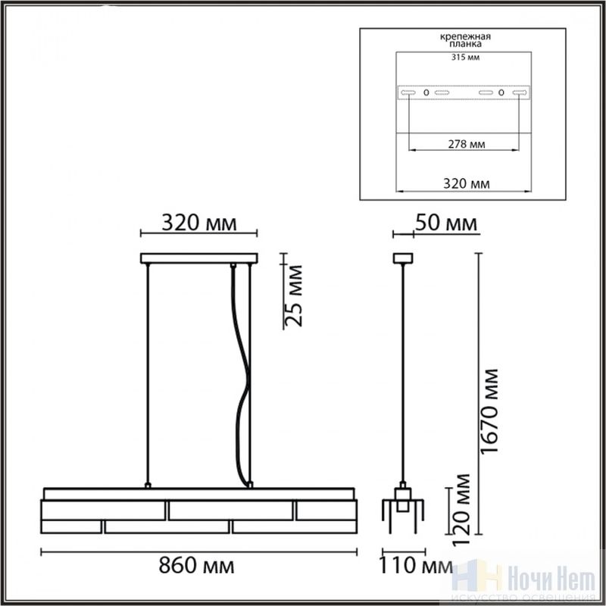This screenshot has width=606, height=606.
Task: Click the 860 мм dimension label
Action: [x=196, y=566]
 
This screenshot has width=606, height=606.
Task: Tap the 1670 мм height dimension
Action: [x=489, y=411]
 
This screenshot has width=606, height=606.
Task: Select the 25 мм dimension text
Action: [x=293, y=295]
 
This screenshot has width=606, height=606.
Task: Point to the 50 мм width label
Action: [x=446, y=223]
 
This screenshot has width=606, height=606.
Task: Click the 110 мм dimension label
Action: [x=415, y=566]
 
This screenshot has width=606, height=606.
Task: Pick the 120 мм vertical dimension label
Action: [x=461, y=509]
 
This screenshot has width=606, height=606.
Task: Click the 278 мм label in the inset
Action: [x=467, y=144]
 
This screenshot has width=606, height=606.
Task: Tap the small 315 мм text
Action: [x=465, y=58]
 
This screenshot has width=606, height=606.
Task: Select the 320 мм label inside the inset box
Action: [x=466, y=183]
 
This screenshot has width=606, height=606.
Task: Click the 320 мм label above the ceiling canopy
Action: [x=198, y=223]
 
